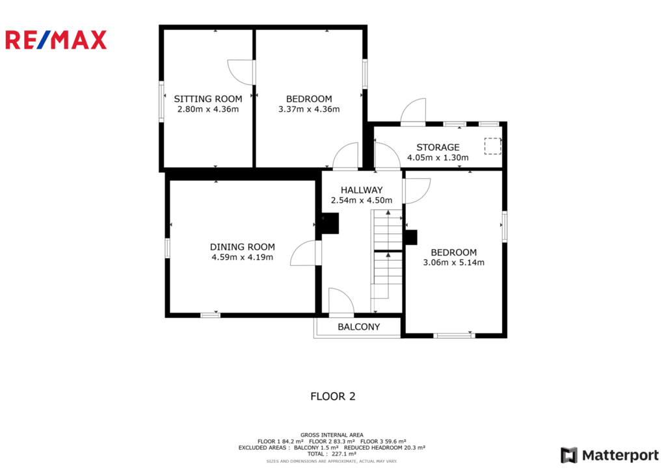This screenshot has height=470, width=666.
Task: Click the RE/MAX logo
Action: pyautogui.click(x=56, y=40)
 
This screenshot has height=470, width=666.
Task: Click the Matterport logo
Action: pyautogui.click(x=610, y=455)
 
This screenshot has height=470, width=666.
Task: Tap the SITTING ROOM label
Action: pyautogui.click(x=208, y=99)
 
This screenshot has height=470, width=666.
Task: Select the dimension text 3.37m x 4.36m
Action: pyautogui.click(x=309, y=109)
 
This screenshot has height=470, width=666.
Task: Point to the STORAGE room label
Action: pyautogui.click(x=438, y=148)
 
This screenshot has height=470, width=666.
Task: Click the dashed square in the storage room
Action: pyautogui.click(x=493, y=146)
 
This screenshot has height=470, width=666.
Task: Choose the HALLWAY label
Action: pyautogui.click(x=362, y=190)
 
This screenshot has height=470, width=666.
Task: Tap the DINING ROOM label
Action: pyautogui.click(x=243, y=246)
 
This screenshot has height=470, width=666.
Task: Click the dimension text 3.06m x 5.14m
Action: pyautogui.click(x=453, y=263)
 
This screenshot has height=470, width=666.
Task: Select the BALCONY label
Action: pyautogui.click(x=359, y=326)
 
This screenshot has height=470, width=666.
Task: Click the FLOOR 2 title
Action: pyautogui.click(x=333, y=396)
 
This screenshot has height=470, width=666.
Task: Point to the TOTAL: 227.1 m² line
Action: pyautogui.click(x=332, y=454)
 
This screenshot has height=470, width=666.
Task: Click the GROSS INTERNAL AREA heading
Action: pyautogui.click(x=332, y=435)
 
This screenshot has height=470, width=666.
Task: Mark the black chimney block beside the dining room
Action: pyautogui.click(x=329, y=224)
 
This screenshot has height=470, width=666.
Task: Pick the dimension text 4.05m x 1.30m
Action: pyautogui.click(x=438, y=157)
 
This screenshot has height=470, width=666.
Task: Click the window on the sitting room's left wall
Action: pyautogui.click(x=161, y=101)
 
